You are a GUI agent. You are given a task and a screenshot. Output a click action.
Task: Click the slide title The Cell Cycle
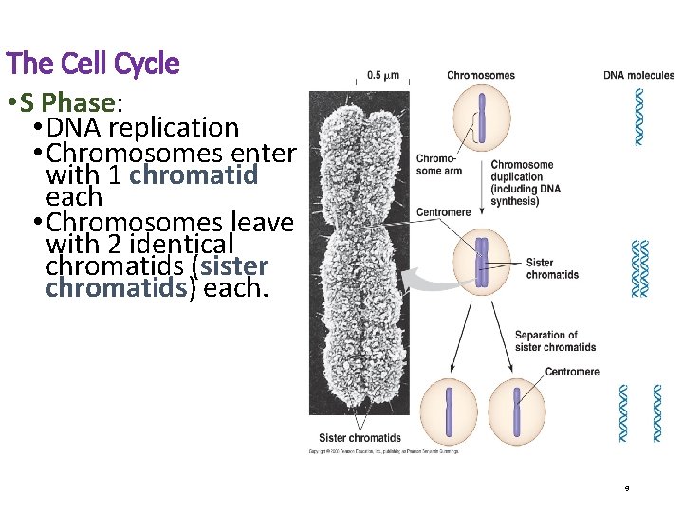(92, 64)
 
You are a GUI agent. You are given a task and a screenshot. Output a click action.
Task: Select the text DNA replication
(142, 127)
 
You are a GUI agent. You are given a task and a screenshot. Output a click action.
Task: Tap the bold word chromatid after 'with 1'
(194, 175)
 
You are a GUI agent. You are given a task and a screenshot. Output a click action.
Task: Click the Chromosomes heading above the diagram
(480, 76)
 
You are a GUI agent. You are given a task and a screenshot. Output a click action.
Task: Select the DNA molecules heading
(638, 76)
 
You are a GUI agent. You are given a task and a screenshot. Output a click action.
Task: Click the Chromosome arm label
(435, 164)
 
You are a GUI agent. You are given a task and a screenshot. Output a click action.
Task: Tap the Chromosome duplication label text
(525, 176)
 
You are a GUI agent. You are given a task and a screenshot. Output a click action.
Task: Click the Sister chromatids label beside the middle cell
(551, 268)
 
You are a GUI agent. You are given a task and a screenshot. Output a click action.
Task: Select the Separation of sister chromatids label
(555, 341)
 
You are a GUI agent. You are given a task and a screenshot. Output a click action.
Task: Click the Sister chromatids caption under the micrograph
(360, 438)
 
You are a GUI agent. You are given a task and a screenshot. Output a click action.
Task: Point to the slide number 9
(627, 488)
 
